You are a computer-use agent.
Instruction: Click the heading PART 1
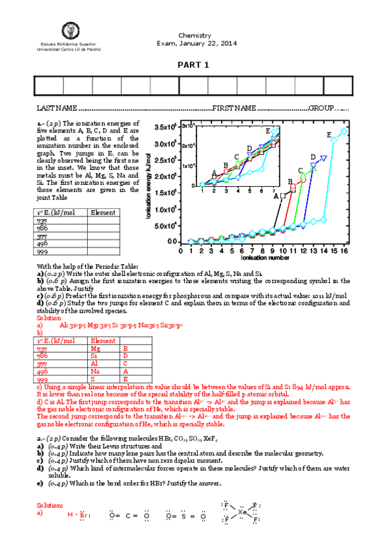(x=194, y=65)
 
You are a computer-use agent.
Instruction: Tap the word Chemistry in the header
(x=194, y=36)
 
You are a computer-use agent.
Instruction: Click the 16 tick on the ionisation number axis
(x=362, y=251)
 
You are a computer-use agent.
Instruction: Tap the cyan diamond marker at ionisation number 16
(x=362, y=131)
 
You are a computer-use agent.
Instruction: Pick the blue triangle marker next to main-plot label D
(x=324, y=158)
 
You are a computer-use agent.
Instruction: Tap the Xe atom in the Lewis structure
(x=242, y=512)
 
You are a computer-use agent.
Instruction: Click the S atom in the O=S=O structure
(x=185, y=516)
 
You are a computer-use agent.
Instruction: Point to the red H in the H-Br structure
(x=70, y=515)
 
